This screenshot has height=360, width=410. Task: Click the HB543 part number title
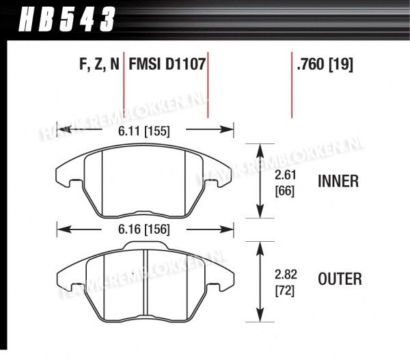[67, 19]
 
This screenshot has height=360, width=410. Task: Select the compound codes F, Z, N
[99, 64]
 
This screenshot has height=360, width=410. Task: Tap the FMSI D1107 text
[167, 64]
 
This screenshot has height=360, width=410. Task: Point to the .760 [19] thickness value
[325, 64]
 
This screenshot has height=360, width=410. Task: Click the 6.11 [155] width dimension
[144, 131]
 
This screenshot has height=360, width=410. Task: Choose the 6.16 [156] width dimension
[144, 230]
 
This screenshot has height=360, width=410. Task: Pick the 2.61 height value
[285, 175]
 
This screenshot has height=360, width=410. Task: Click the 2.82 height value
[286, 275]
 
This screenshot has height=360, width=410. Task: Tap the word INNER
[338, 181]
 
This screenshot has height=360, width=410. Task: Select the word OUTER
[340, 279]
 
